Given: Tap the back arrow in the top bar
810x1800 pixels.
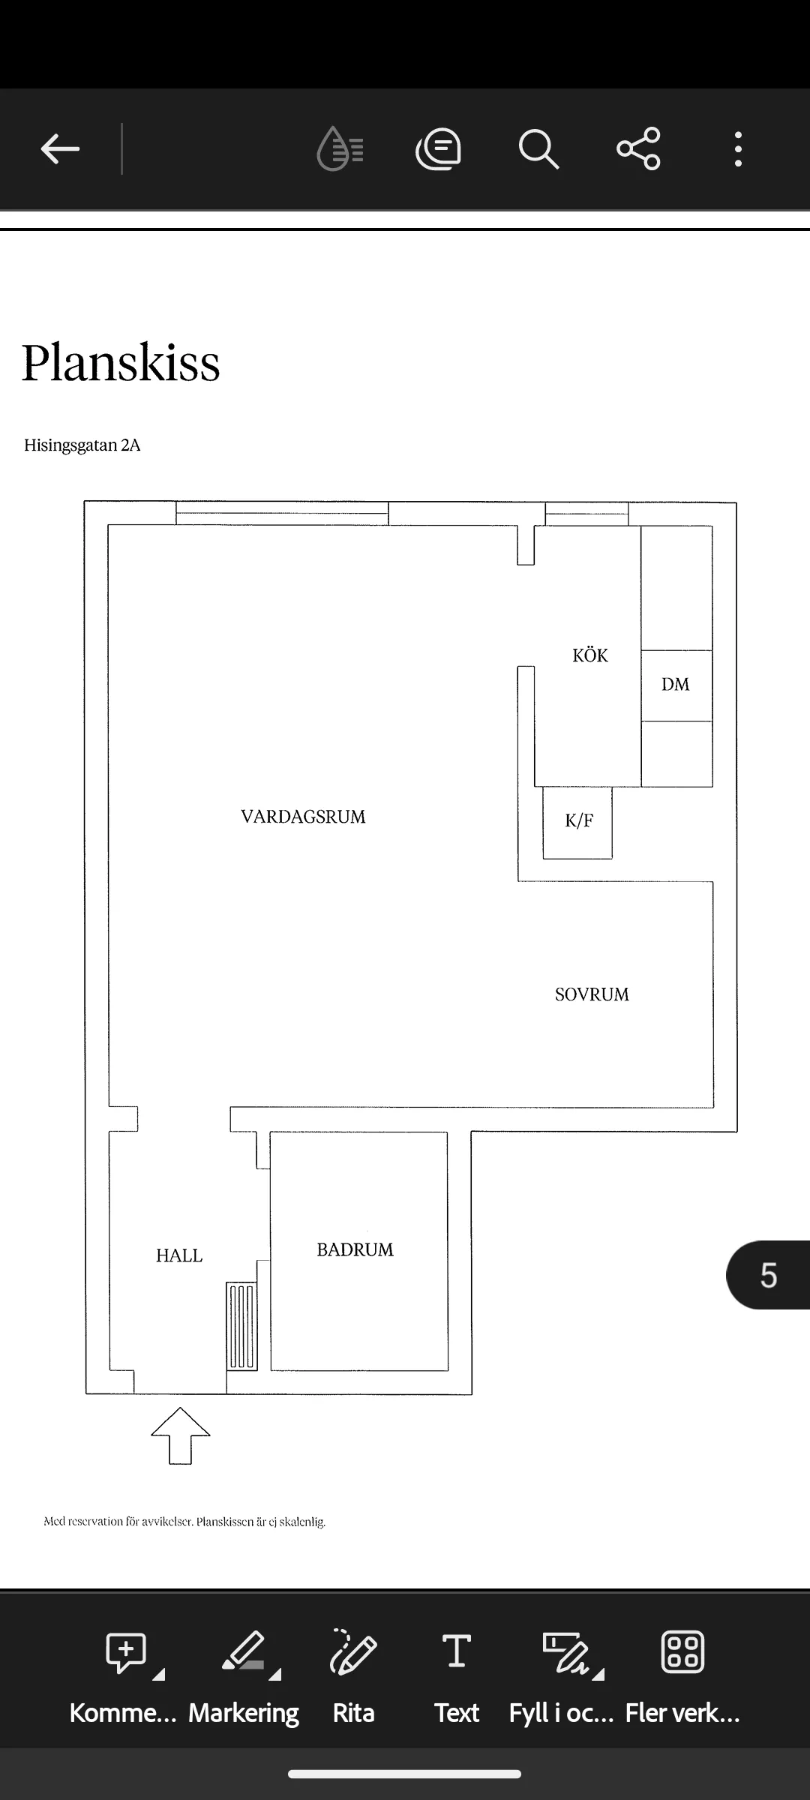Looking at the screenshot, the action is pyautogui.click(x=60, y=148).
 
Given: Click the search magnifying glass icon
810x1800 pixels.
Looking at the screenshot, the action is pyautogui.click(x=538, y=148).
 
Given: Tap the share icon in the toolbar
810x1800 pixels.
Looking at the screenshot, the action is pyautogui.click(x=638, y=148).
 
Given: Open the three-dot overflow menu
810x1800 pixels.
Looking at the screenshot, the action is pyautogui.click(x=739, y=148).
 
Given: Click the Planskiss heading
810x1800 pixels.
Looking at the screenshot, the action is pyautogui.click(x=121, y=363).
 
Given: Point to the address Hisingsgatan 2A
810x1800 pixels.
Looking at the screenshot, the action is pyautogui.click(x=82, y=445).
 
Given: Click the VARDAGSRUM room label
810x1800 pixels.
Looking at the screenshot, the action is pyautogui.click(x=303, y=817).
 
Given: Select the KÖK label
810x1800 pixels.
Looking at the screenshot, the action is pyautogui.click(x=590, y=655).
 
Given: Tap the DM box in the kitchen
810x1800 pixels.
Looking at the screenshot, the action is pyautogui.click(x=676, y=685).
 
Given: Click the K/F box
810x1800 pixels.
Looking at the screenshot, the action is pyautogui.click(x=577, y=822).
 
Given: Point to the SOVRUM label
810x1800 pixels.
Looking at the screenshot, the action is pyautogui.click(x=592, y=994).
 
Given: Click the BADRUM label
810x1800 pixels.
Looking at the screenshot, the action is pyautogui.click(x=355, y=1249).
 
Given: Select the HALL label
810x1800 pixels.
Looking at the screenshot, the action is pyautogui.click(x=179, y=1255).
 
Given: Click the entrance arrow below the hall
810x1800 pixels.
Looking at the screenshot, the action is pyautogui.click(x=181, y=1435).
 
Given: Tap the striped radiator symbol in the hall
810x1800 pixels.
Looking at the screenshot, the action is pyautogui.click(x=241, y=1326).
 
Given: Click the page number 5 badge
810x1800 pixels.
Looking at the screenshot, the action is pyautogui.click(x=768, y=1275).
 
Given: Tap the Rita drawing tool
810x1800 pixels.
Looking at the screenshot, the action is pyautogui.click(x=353, y=1674).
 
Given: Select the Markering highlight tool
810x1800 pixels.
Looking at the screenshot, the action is pyautogui.click(x=244, y=1674).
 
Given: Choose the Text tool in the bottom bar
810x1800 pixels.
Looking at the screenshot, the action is pyautogui.click(x=457, y=1674).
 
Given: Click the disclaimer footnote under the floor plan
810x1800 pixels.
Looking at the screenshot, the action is pyautogui.click(x=184, y=1522).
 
